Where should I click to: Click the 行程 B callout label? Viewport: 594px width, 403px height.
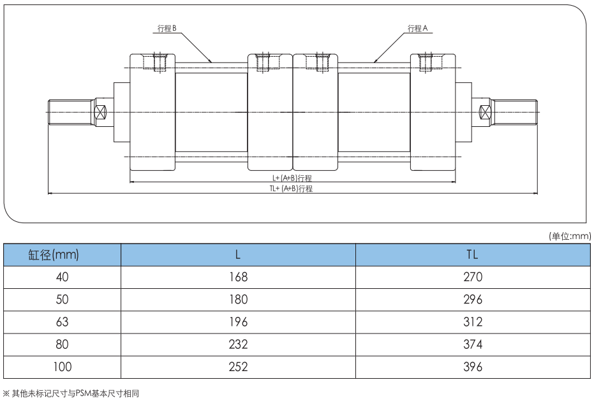[x=167, y=29]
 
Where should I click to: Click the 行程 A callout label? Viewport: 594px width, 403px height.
[x=417, y=29]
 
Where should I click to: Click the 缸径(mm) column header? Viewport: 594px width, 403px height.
[x=54, y=255]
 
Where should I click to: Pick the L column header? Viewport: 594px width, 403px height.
[x=237, y=255]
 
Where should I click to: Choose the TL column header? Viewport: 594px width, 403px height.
[x=472, y=255]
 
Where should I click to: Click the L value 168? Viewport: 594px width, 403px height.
[x=237, y=277]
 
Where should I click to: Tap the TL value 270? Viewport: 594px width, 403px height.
[x=473, y=277]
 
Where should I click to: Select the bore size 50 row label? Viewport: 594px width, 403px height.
[x=62, y=300]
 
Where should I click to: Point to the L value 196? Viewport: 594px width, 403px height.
[x=237, y=322]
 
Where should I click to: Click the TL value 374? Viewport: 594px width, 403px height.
[x=473, y=345]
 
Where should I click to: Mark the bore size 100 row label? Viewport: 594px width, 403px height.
[x=62, y=367]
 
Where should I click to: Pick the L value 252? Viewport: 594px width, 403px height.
[x=237, y=367]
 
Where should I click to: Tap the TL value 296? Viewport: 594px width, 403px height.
[x=473, y=300]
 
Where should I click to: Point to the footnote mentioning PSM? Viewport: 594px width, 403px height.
[x=71, y=394]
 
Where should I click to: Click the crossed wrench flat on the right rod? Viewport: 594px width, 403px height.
[x=485, y=112]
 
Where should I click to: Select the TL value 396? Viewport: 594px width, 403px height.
[x=473, y=367]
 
